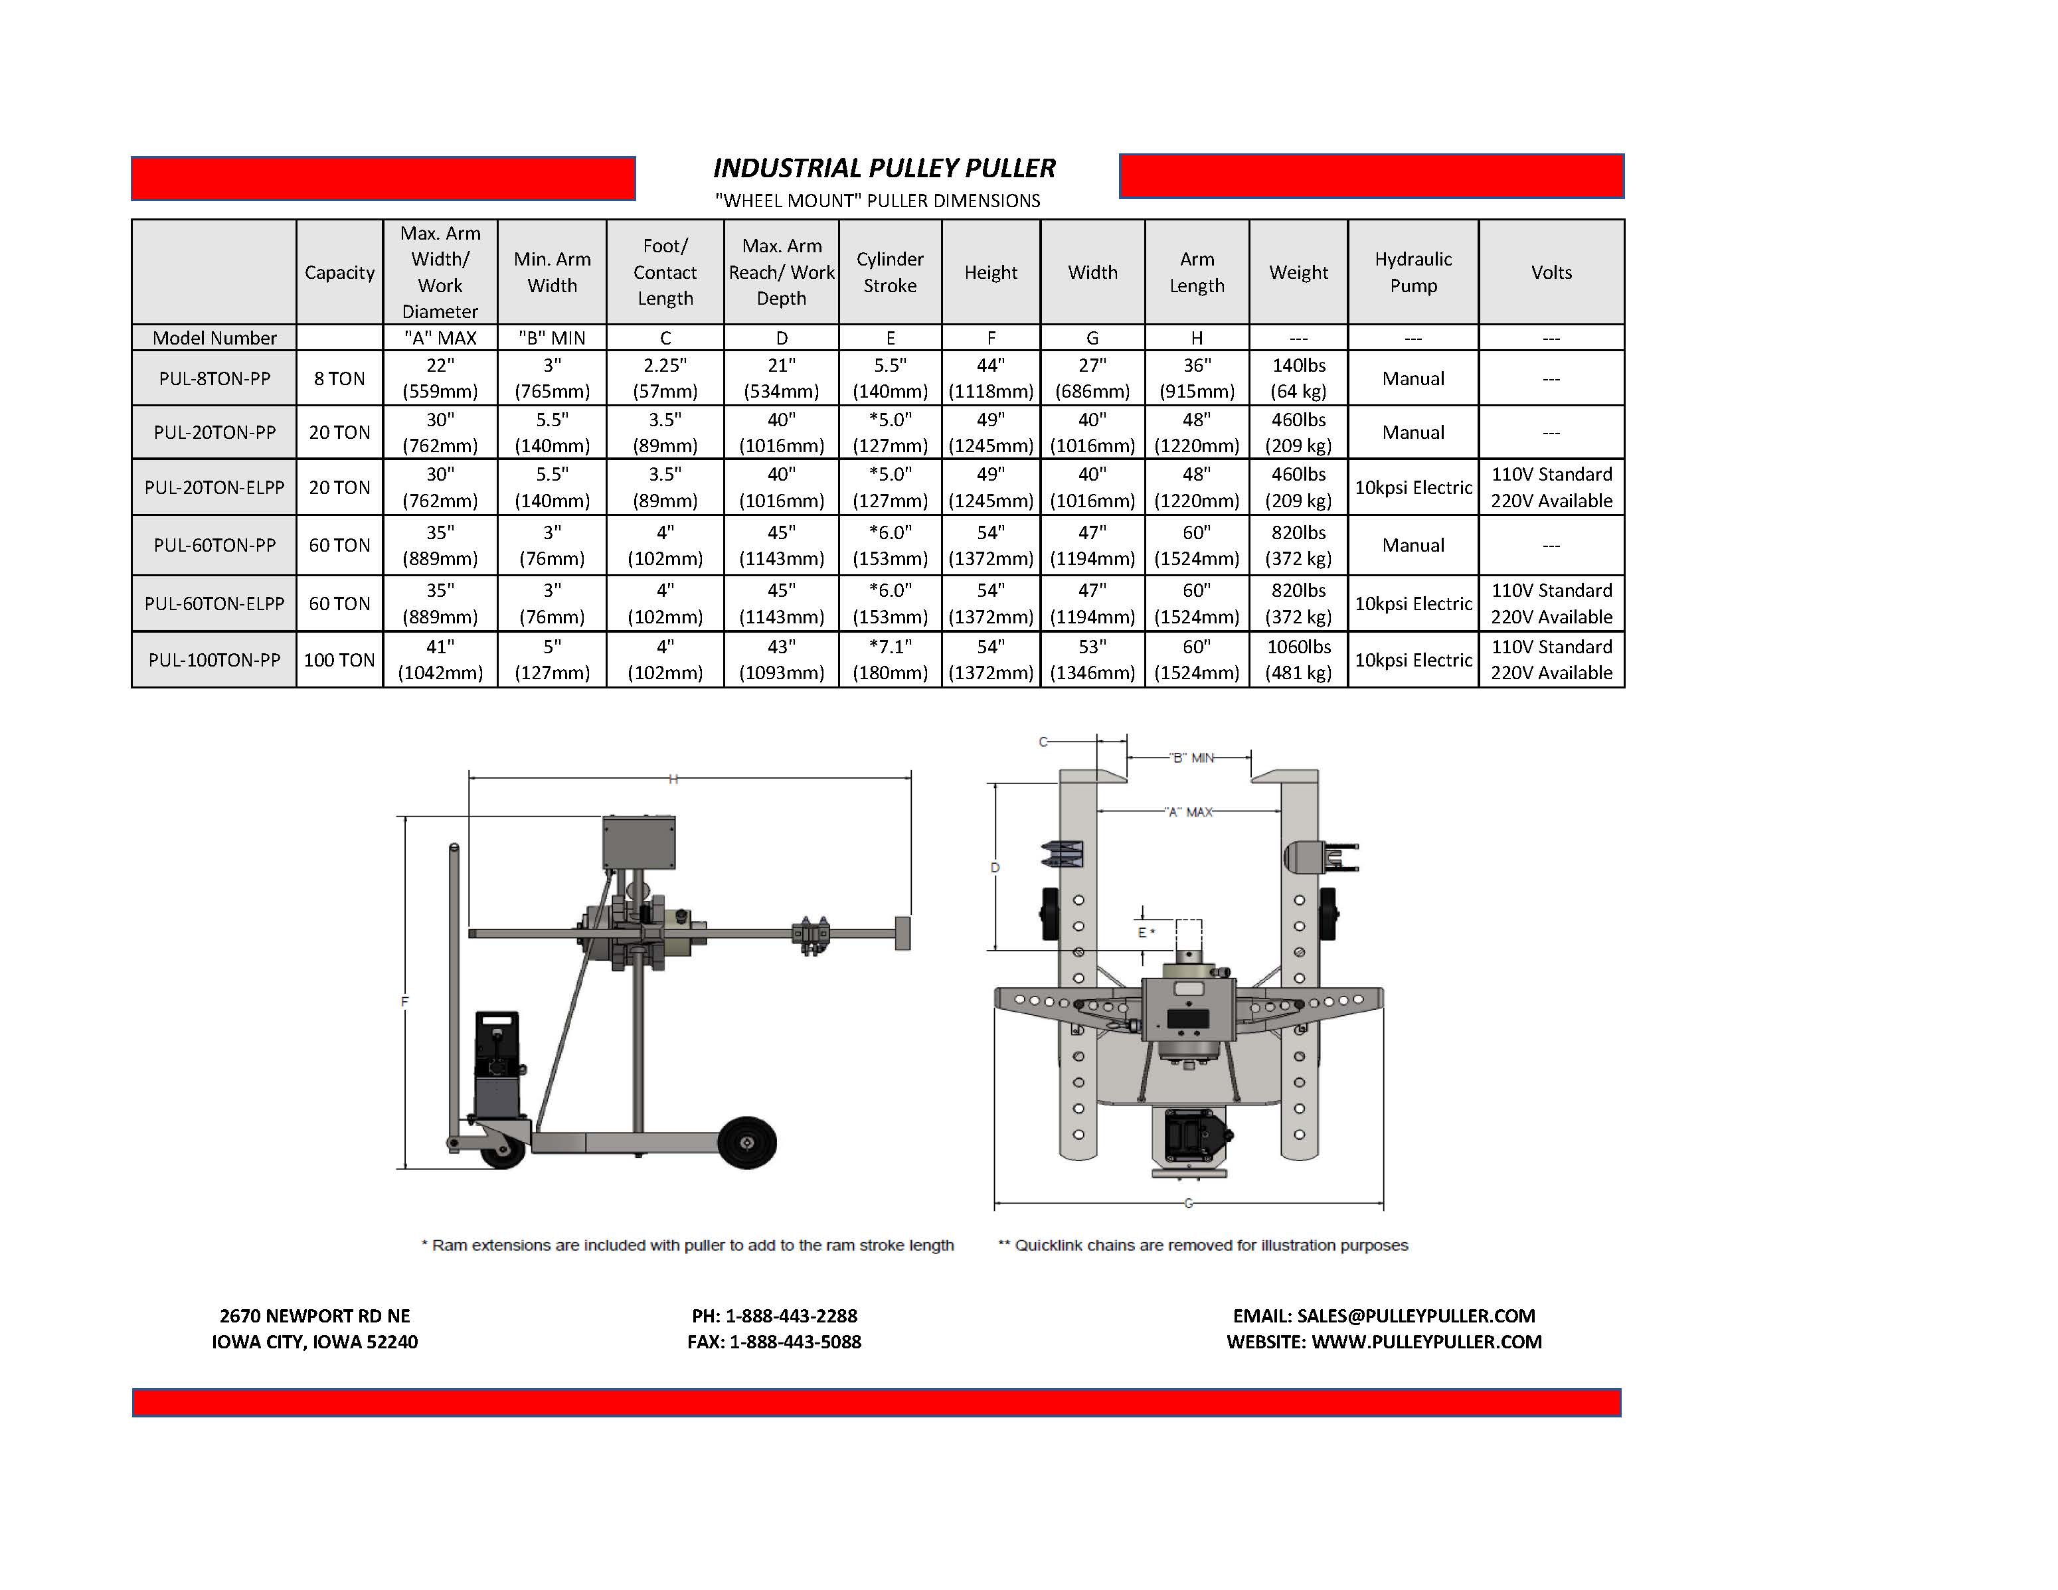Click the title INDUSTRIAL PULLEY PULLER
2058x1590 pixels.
(884, 169)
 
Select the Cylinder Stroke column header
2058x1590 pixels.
(889, 272)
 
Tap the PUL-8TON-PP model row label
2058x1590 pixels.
(215, 378)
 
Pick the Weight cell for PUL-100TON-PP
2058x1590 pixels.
(1298, 659)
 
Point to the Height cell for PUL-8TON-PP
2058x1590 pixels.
(990, 378)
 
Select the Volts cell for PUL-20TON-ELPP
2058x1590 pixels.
(1551, 487)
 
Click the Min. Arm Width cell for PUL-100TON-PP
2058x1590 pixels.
(553, 659)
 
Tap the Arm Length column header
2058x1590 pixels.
(1197, 272)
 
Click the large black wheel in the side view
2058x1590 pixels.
(746, 1143)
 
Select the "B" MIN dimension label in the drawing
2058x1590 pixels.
(1191, 757)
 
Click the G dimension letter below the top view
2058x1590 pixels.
(1188, 1203)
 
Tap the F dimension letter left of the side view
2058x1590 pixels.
(405, 1001)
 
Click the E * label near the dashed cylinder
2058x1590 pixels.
(1146, 933)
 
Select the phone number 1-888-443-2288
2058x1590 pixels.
(792, 1316)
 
